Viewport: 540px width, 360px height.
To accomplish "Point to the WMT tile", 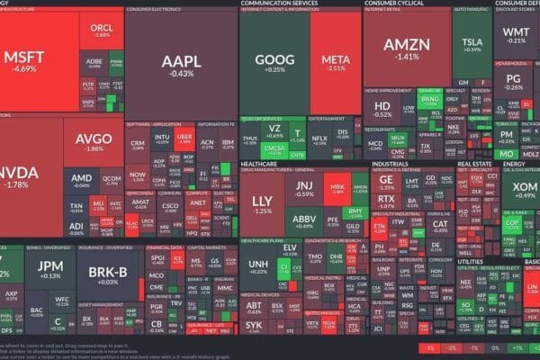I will coord(516,34).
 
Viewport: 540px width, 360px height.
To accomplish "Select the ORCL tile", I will coord(102,31).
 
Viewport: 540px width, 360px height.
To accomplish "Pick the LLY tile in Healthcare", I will coord(263,204).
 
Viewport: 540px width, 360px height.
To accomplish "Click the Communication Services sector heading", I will coord(280,4).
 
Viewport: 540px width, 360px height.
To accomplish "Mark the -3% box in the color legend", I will coord(430,346).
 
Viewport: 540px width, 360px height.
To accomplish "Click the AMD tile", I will coord(82,180).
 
